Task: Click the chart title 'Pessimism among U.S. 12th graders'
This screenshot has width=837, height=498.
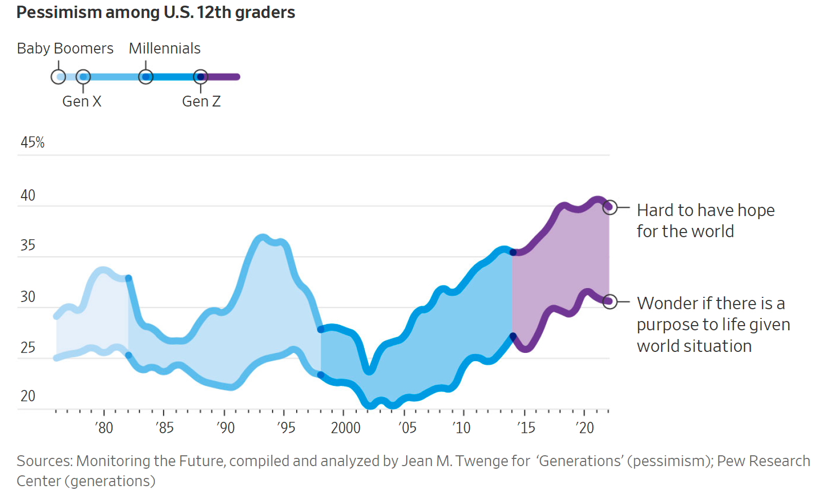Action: [x=156, y=12]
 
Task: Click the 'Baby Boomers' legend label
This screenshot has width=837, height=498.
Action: [x=65, y=48]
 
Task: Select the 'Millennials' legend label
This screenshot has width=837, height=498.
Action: [x=165, y=48]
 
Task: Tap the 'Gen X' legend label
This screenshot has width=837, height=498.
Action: [x=82, y=101]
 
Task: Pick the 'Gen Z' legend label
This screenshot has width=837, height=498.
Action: [x=201, y=101]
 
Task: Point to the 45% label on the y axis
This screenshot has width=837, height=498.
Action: [x=32, y=143]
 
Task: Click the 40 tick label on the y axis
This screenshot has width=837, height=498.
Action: [x=28, y=195]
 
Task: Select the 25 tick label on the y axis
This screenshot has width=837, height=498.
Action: [x=28, y=348]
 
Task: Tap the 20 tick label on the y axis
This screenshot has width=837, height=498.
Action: [x=28, y=396]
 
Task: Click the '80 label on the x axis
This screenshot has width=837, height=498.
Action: [x=104, y=428]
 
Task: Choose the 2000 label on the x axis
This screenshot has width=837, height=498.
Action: [x=345, y=428]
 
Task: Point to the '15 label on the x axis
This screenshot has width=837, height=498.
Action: [x=525, y=428]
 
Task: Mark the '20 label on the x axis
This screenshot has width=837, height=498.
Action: [x=585, y=428]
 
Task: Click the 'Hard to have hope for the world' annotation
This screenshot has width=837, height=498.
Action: [x=705, y=221]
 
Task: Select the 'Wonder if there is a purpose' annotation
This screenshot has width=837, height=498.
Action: [x=713, y=325]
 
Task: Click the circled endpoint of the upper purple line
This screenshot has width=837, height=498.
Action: [x=610, y=207]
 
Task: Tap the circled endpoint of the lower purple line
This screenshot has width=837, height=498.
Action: [x=610, y=301]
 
